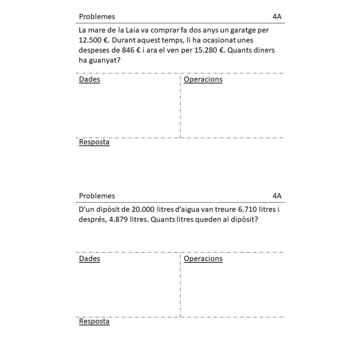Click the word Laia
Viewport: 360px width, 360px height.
pos(132,30)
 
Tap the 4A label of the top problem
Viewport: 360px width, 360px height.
pos(277,16)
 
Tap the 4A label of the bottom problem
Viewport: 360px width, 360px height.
pos(277,196)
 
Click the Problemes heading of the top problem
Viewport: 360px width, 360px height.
pos(97,16)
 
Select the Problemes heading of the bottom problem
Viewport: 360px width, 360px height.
pos(97,196)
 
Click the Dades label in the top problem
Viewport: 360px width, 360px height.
pos(89,79)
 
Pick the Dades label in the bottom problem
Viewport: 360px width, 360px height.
pos(89,259)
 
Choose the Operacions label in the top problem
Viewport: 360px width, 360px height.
pos(203,79)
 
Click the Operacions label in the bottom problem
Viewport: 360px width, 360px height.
pos(203,259)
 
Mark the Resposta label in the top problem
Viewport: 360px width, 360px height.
pos(94,142)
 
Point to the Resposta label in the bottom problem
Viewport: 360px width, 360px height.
pos(94,322)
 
